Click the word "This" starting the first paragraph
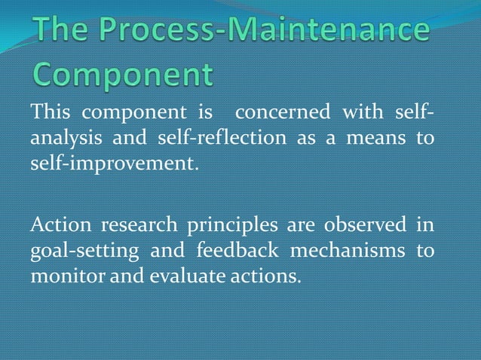51,114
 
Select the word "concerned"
282,114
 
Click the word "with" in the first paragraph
363,114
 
